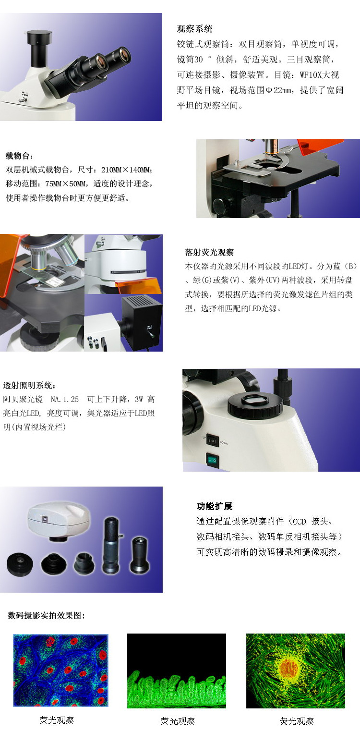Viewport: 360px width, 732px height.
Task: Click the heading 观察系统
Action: pyautogui.click(x=195, y=29)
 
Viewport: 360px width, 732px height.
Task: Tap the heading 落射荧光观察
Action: pyautogui.click(x=209, y=252)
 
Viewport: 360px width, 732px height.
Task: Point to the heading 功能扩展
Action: pyautogui.click(x=215, y=506)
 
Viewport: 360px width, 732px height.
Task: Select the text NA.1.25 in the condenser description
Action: pyautogui.click(x=65, y=399)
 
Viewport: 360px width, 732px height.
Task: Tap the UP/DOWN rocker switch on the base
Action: pyautogui.click(x=213, y=440)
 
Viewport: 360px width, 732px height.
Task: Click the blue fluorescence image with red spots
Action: pyautogui.click(x=60, y=670)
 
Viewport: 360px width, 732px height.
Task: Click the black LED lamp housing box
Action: pyautogui.click(x=142, y=322)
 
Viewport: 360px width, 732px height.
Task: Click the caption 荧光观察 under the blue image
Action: pyautogui.click(x=57, y=720)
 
